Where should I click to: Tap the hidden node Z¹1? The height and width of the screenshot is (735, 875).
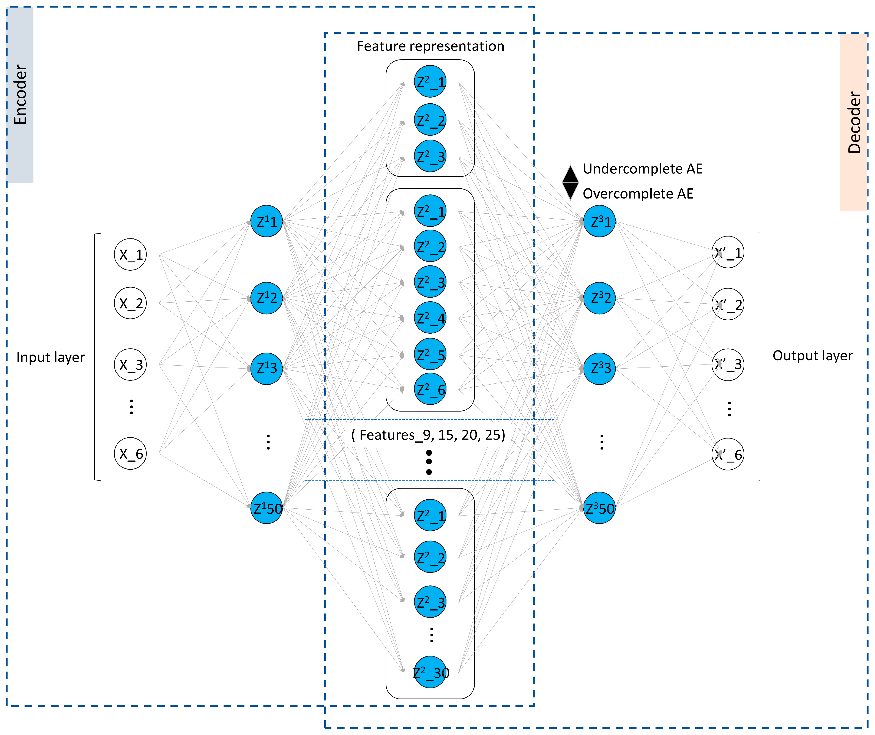point(266,221)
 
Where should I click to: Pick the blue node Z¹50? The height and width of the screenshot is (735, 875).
point(266,508)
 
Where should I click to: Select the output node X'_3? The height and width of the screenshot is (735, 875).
point(727,364)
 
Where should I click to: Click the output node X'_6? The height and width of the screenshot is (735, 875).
point(727,454)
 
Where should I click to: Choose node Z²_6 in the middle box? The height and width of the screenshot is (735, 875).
point(430,389)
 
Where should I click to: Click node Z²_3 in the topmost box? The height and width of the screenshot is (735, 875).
point(430,156)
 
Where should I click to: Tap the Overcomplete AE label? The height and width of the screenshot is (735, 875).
point(637,194)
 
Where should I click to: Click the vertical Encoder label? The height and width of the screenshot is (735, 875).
point(20,95)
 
